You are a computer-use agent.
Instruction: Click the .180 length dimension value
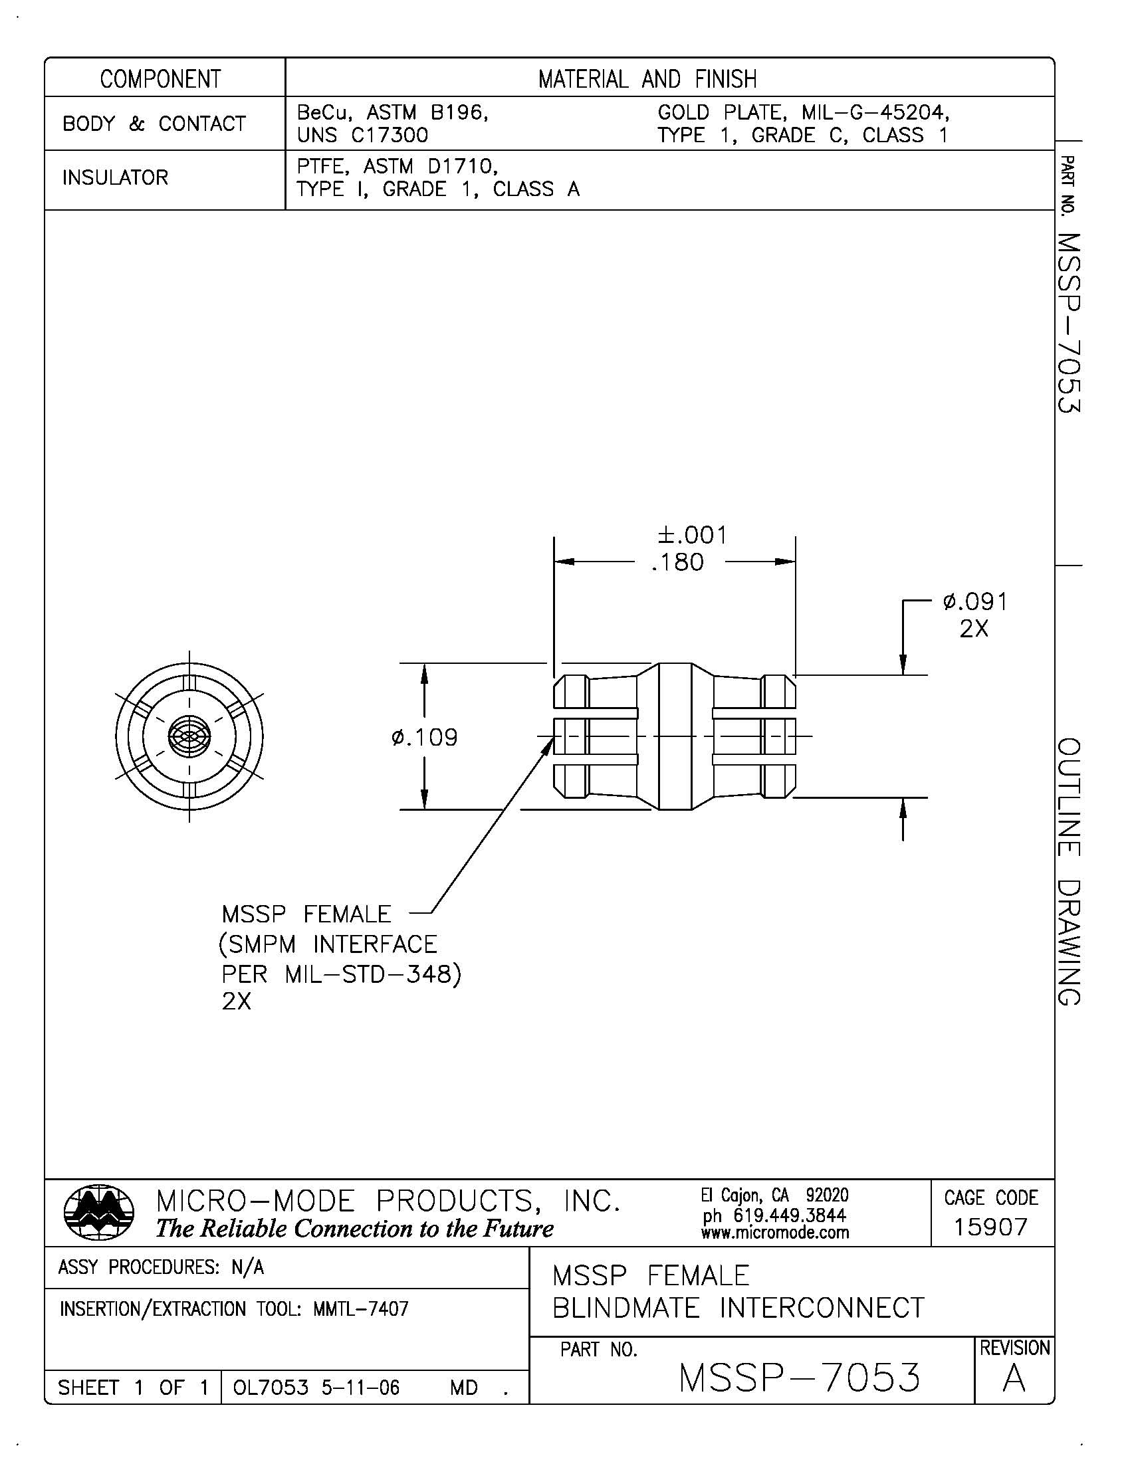coord(677,562)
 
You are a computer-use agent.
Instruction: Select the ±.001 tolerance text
coord(692,535)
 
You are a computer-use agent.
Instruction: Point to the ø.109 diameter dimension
coord(425,738)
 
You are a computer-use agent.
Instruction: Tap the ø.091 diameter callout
coord(974,602)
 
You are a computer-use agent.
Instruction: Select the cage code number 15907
coord(991,1227)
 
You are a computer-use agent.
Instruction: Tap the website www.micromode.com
coord(774,1232)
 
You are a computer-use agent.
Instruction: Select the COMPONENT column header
coord(161,79)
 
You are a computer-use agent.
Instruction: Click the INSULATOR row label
coord(115,178)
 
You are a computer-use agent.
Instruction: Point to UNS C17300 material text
coord(362,135)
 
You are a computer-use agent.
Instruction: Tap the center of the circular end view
coord(189,736)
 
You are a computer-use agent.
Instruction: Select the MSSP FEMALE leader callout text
coord(306,914)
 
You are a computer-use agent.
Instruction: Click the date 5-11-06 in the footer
coord(360,1388)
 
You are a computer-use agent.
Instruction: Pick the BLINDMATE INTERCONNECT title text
coord(738,1307)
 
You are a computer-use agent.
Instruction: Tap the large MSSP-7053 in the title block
coord(799,1378)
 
